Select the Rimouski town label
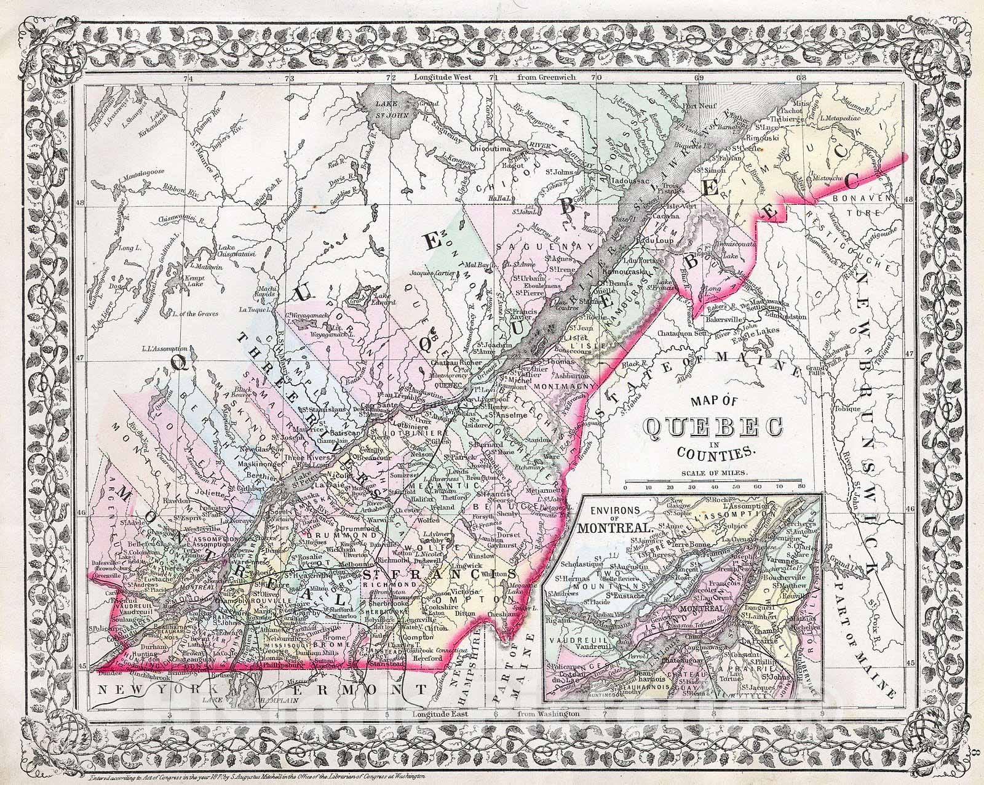(x=767, y=138)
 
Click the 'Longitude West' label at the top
(x=443, y=78)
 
